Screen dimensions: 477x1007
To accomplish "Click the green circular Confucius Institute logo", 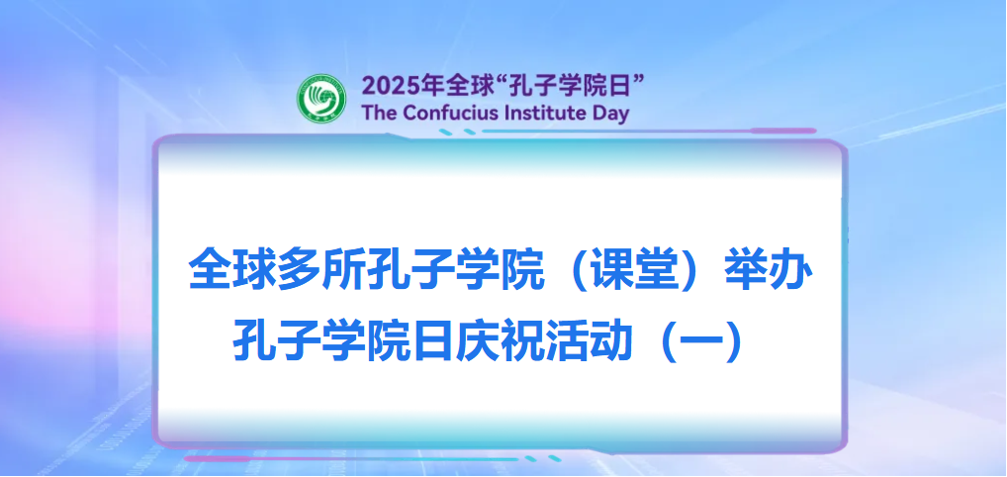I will pos(322,98).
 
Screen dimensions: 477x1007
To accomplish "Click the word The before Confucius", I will pos(380,113).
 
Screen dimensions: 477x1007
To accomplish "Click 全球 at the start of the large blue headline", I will pos(226,271).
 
